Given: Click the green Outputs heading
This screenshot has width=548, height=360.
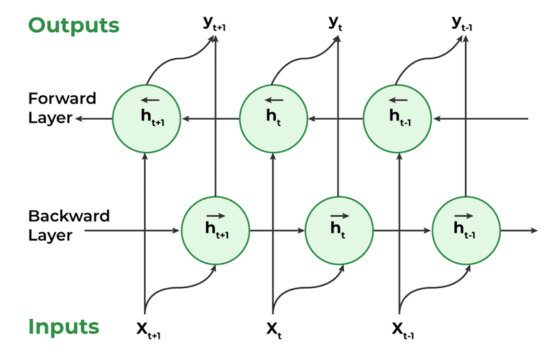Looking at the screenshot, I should coord(73,26).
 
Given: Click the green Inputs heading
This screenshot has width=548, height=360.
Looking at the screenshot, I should coord(63,327).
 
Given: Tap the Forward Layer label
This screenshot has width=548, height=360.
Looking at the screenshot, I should coord(53,107).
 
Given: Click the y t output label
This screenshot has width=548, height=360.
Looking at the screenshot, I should coord(335,23).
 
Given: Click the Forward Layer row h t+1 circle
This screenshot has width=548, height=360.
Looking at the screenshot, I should coord(145,118).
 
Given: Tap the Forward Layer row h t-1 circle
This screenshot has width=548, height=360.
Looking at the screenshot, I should coord(398,118).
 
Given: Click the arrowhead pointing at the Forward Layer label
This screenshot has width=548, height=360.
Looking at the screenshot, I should coord(80,119).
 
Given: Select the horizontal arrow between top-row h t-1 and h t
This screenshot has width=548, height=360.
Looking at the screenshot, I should coord(336,119).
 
